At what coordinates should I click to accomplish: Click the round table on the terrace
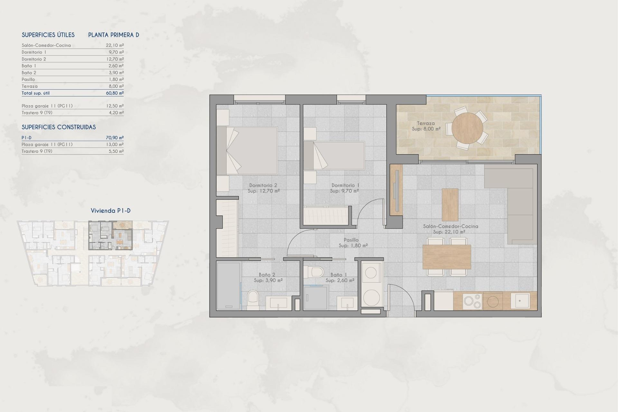tap(467, 128)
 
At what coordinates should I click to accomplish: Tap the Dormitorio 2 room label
tap(263, 185)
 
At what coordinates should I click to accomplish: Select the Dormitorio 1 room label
tap(345, 185)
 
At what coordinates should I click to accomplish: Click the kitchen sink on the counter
tap(520, 301)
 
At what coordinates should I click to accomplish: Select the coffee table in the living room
tap(450, 205)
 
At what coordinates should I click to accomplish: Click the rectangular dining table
tap(446, 257)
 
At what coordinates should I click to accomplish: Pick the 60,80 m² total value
tap(115, 93)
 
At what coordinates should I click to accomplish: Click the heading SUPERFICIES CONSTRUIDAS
tap(59, 127)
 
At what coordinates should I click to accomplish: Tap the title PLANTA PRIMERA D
tap(114, 35)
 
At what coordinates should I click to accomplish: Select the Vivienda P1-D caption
tap(110, 211)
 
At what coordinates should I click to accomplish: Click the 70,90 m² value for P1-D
tap(115, 138)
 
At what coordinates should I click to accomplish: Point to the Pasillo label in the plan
tap(351, 240)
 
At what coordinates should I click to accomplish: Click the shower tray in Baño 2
tap(229, 286)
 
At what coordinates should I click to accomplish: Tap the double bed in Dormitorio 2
tap(247, 151)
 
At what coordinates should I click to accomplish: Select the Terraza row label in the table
tap(30, 86)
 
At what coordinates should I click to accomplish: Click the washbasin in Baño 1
tap(347, 303)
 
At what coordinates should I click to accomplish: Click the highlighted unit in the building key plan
tap(110, 235)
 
